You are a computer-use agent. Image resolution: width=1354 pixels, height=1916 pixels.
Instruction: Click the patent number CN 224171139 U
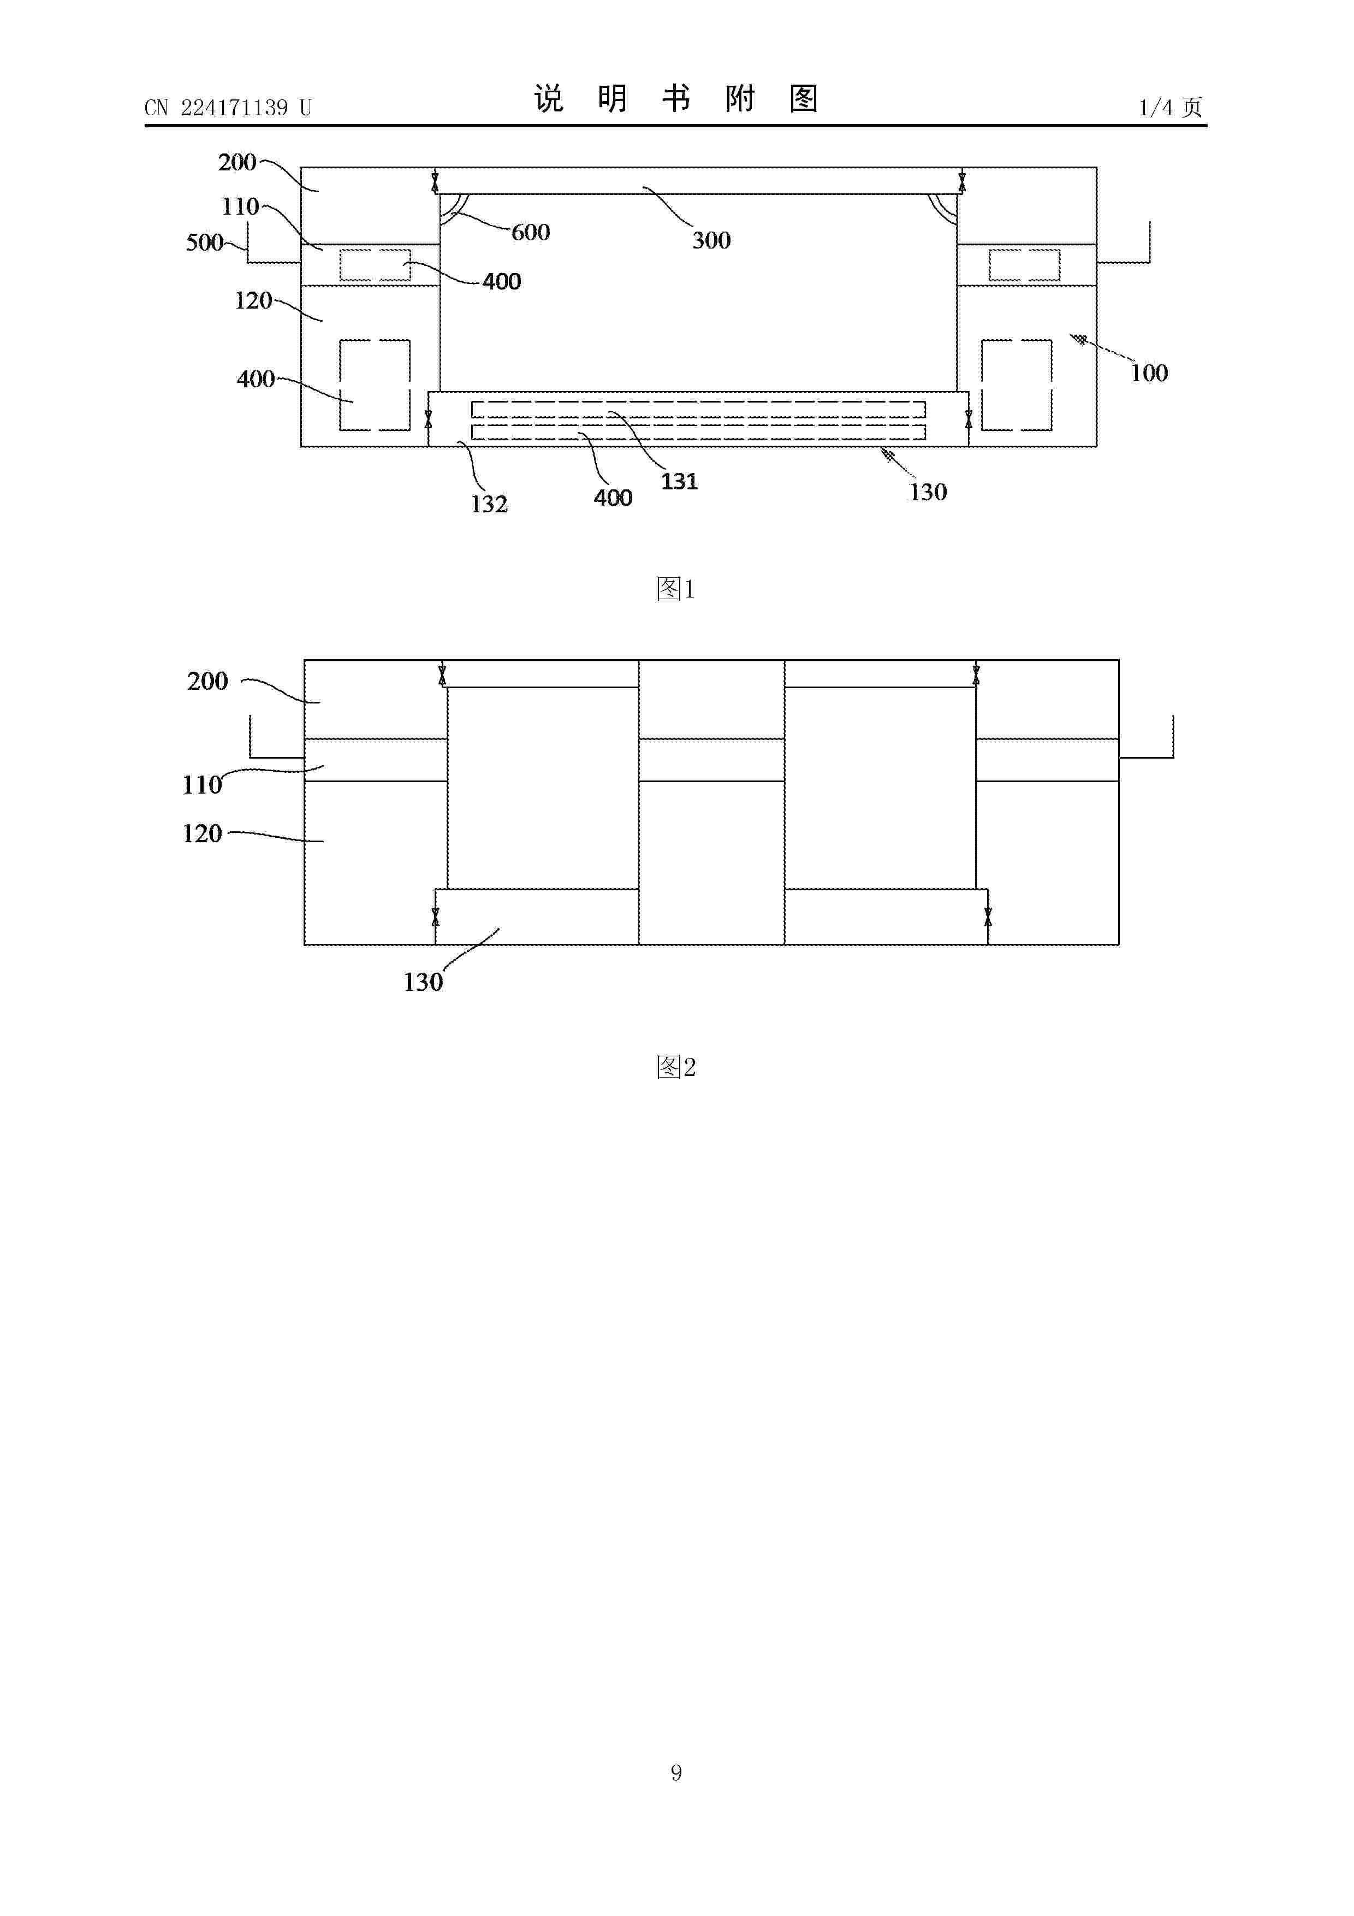[228, 108]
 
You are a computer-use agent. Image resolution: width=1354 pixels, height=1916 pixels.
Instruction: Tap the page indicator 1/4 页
[1171, 107]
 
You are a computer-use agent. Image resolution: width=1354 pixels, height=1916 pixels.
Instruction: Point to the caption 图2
[676, 1067]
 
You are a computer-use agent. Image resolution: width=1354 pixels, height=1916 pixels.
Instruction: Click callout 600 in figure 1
[531, 232]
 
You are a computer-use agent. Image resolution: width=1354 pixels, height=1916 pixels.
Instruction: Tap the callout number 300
[711, 240]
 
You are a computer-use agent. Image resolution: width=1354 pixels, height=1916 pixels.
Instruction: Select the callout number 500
[204, 243]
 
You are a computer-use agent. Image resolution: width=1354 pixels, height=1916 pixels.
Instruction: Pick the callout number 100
[1149, 373]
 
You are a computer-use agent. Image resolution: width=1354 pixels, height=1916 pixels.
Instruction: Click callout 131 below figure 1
[679, 482]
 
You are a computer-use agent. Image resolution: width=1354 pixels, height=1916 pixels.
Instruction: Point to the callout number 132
[489, 504]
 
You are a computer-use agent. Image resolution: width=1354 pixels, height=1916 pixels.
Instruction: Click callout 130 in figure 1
[928, 492]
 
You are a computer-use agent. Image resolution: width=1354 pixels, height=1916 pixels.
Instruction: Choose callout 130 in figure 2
[423, 982]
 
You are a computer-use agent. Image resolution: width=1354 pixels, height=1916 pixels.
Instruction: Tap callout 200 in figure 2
[207, 681]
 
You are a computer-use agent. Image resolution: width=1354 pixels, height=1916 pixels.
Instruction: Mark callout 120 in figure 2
[203, 833]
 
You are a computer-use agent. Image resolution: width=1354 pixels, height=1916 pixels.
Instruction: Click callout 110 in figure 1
[240, 207]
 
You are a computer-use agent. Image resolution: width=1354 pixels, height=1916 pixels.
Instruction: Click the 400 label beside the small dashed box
[501, 281]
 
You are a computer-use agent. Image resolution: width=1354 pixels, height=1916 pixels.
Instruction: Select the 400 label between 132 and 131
[613, 498]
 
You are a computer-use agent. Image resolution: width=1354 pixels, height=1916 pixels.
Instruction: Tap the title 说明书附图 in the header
[676, 98]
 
